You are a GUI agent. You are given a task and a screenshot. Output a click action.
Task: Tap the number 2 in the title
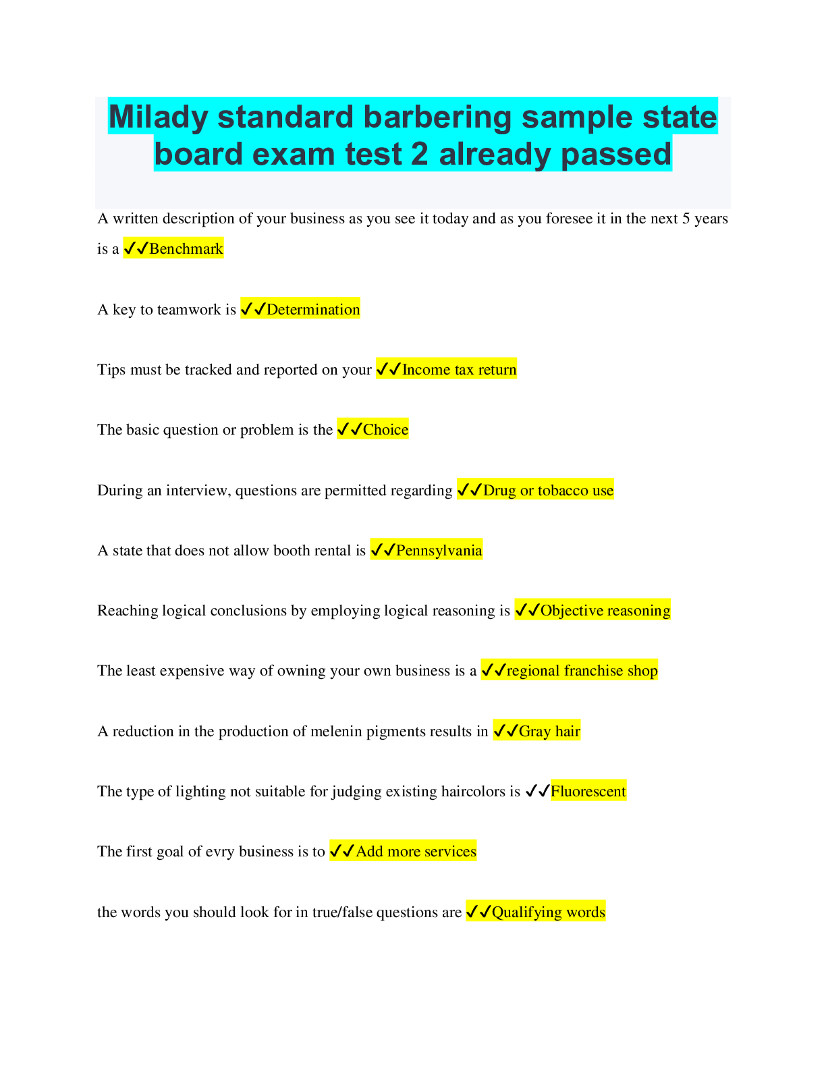click(419, 154)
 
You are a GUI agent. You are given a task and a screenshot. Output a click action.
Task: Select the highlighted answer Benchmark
click(186, 249)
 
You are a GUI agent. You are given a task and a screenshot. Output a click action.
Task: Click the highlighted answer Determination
click(313, 309)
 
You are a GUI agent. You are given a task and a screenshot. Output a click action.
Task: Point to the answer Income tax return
click(459, 369)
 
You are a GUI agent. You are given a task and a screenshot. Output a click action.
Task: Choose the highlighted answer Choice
click(385, 430)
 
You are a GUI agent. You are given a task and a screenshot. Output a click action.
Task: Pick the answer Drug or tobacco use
click(548, 491)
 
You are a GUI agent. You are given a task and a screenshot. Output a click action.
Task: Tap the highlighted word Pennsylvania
click(439, 551)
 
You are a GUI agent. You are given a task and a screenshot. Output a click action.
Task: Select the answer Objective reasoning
click(605, 611)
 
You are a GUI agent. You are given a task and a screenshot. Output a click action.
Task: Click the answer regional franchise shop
click(582, 671)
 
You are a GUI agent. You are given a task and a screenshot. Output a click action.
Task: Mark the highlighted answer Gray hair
click(549, 732)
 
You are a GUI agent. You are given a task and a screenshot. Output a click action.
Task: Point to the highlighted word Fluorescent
click(588, 791)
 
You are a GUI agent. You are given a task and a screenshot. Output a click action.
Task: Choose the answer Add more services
click(416, 852)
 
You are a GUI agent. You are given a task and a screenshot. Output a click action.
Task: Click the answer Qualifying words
click(548, 912)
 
